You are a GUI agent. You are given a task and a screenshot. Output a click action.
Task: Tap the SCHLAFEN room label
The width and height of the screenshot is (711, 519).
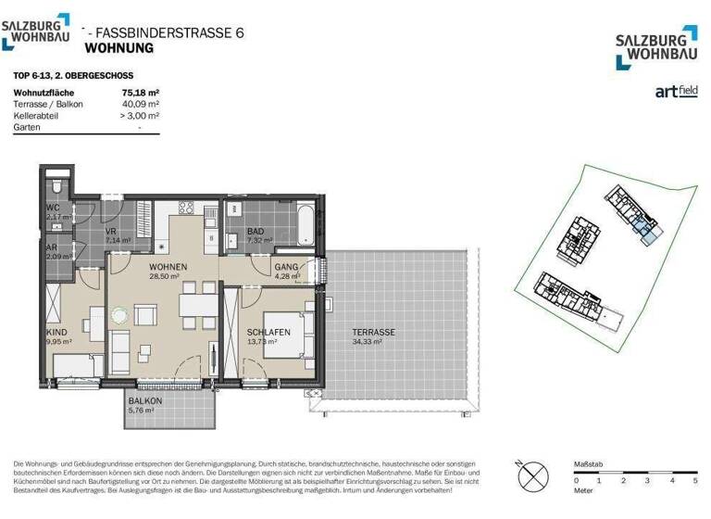(x=268, y=332)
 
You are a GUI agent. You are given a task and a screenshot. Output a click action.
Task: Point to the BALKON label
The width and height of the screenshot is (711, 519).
(x=145, y=400)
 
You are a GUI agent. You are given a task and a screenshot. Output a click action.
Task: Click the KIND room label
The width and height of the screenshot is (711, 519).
(x=56, y=331)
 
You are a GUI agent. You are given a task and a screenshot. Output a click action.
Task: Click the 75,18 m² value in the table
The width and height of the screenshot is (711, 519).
(x=141, y=93)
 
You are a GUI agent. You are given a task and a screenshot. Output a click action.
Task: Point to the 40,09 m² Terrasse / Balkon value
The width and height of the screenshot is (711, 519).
(x=141, y=104)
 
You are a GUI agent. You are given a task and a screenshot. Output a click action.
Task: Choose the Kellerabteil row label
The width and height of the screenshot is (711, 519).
(x=35, y=115)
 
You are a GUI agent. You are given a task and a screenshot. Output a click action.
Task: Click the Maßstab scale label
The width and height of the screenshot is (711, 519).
(x=589, y=462)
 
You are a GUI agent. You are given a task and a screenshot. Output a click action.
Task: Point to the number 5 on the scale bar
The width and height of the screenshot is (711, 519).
(x=694, y=482)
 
